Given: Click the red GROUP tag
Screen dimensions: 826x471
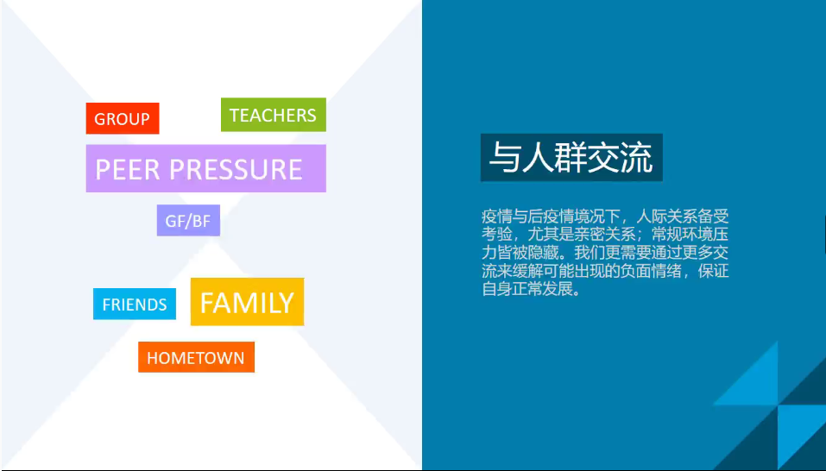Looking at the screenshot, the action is pos(123,118).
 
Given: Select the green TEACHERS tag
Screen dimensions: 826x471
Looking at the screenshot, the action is pos(274,115).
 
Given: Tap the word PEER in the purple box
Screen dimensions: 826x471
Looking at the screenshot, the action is pos(128,169).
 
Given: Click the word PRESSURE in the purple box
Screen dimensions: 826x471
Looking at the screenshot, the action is pos(236,169).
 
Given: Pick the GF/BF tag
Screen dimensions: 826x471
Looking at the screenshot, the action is pos(188,221).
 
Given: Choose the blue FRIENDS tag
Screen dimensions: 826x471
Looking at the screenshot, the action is pos(135,305).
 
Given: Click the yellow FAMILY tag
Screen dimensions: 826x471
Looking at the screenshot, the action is pos(247,302).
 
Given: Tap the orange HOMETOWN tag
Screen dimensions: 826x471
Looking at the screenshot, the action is pos(196,357).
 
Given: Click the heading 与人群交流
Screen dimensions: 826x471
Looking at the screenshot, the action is pos(571,157).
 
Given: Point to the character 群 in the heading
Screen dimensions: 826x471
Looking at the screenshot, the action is pos(571,157).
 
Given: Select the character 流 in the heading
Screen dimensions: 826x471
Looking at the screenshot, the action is pos(636,157).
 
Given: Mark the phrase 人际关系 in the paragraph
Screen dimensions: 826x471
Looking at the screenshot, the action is pos(667,217).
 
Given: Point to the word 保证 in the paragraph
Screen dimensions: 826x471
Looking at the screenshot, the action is pos(714,271).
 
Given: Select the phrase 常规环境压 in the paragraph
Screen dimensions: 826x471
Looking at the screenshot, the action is pos(690,234).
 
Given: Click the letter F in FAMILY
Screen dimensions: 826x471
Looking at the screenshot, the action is pos(207,303).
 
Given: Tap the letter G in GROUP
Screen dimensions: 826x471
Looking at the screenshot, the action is pos(99,119).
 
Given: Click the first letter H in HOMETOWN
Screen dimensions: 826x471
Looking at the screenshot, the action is pos(152,358).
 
